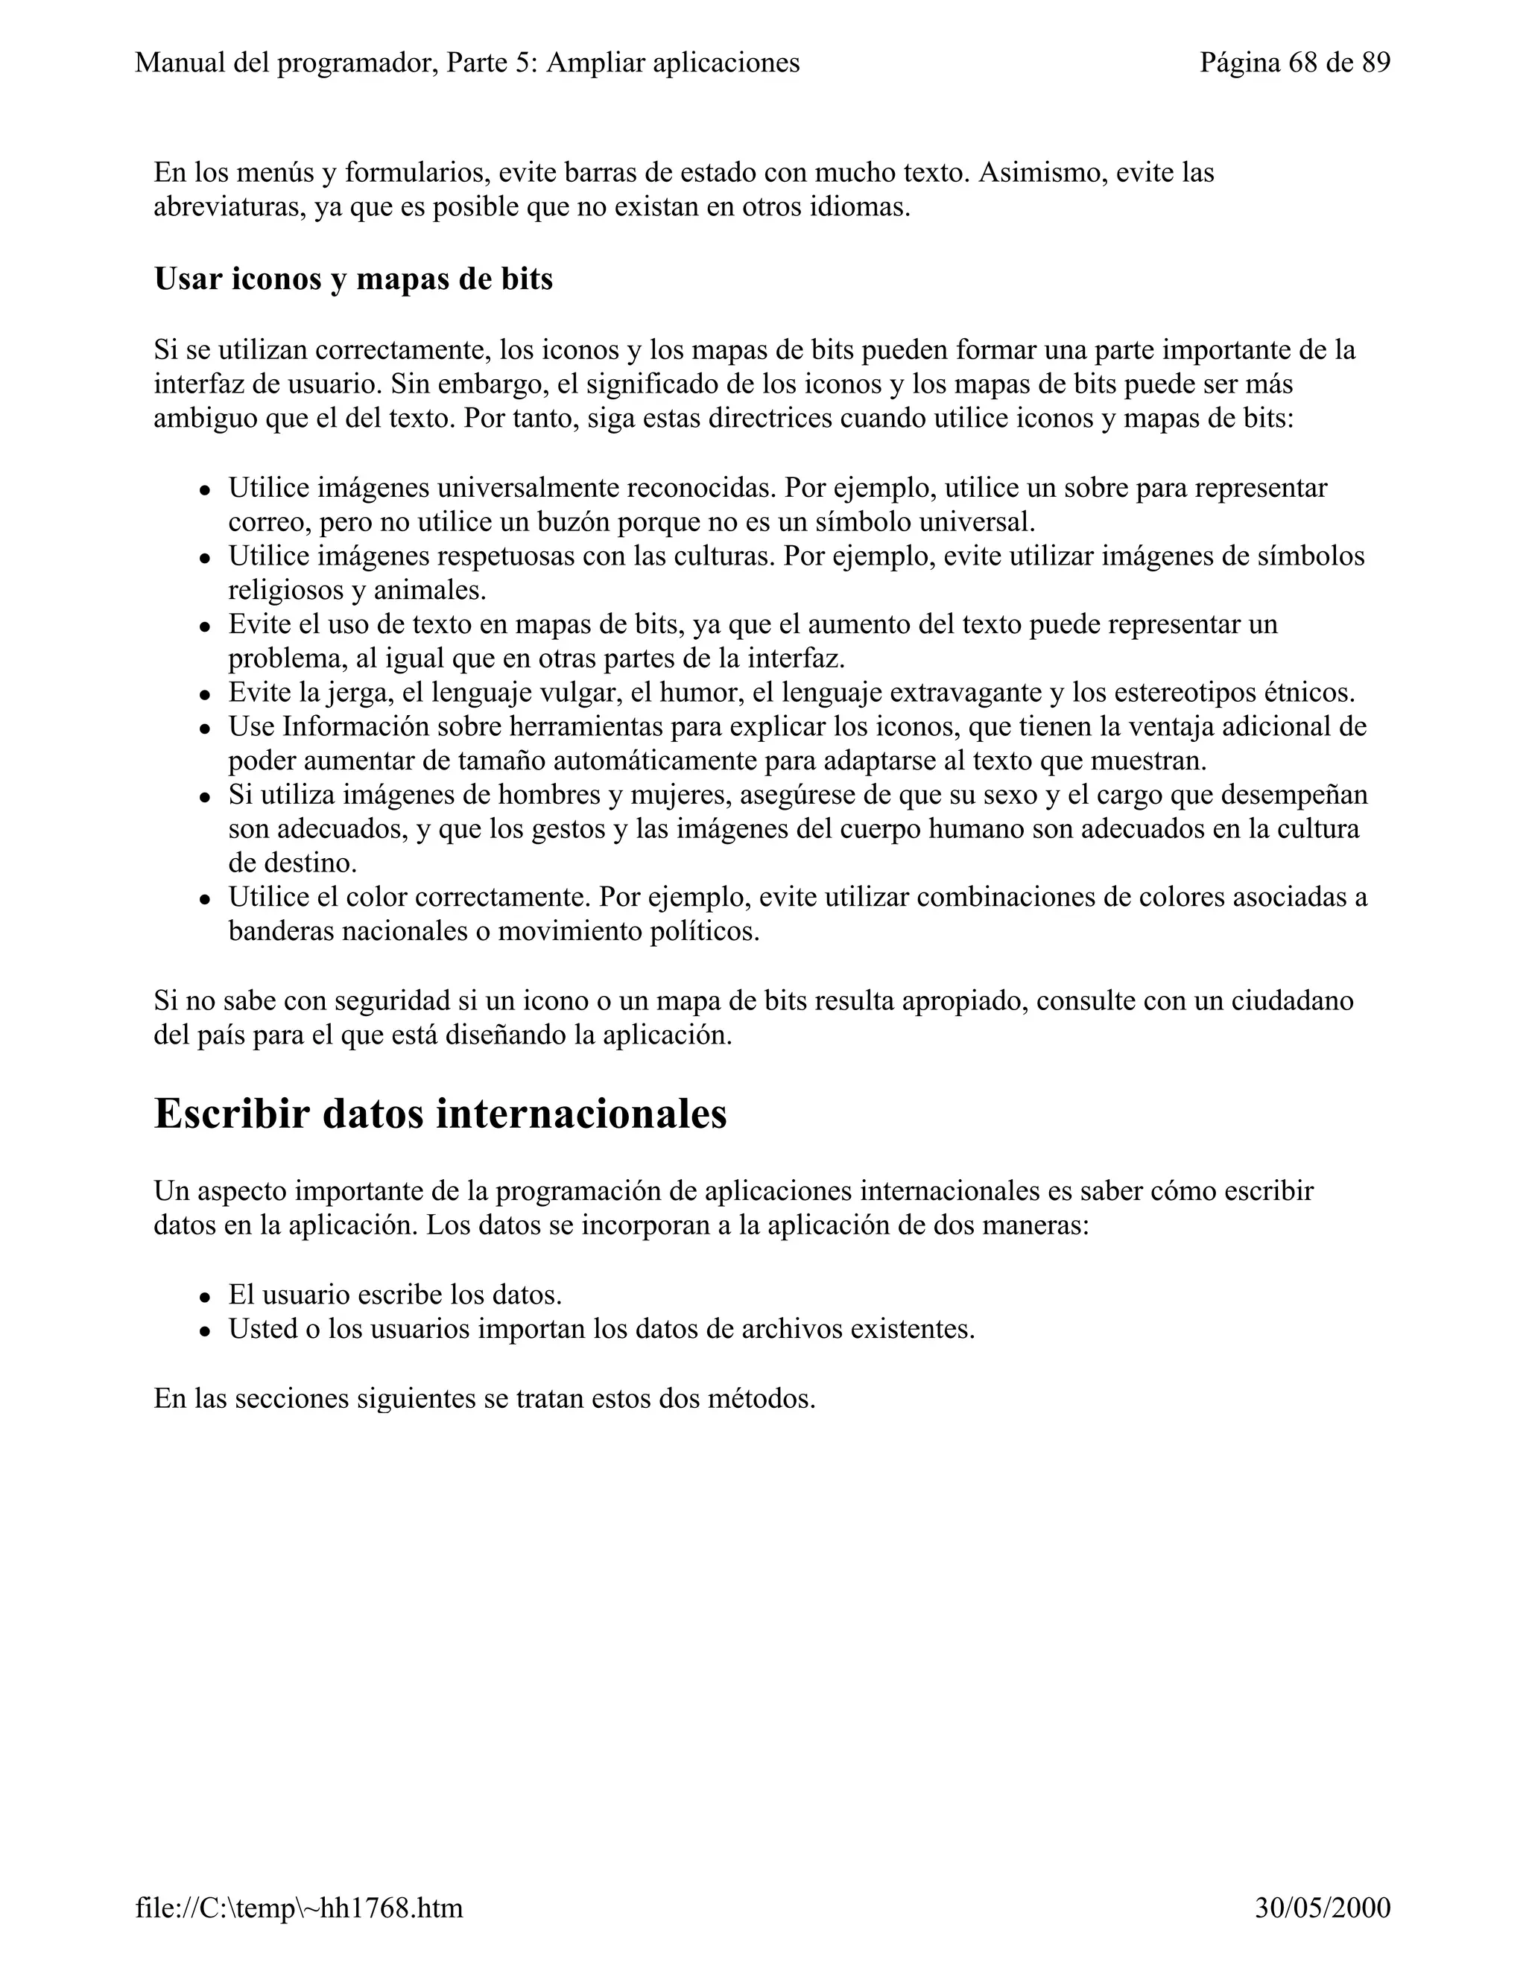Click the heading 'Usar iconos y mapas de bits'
pyautogui.click(x=353, y=279)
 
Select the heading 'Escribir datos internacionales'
pyautogui.click(x=440, y=1113)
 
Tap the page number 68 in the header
pyautogui.click(x=1302, y=63)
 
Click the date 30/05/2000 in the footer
pyautogui.click(x=1323, y=1908)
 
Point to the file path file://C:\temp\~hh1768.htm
pyautogui.click(x=300, y=1908)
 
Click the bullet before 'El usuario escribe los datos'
pyautogui.click(x=205, y=1297)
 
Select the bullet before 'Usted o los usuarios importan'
pyautogui.click(x=205, y=1331)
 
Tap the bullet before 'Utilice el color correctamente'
pyautogui.click(x=205, y=899)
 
